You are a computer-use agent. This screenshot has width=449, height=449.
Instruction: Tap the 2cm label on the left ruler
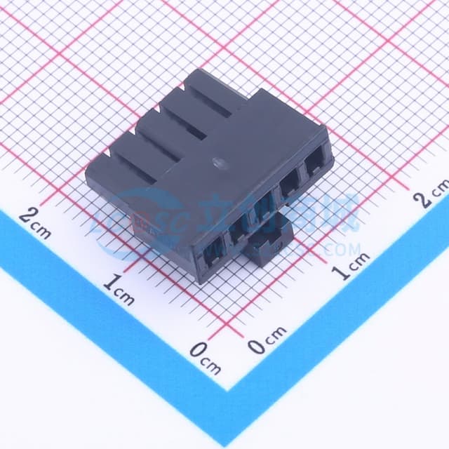click(35, 222)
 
